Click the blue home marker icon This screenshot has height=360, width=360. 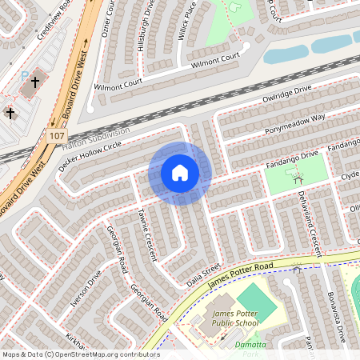click(x=180, y=173)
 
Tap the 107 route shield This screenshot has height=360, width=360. click(x=55, y=135)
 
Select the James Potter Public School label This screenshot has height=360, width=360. click(x=235, y=318)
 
